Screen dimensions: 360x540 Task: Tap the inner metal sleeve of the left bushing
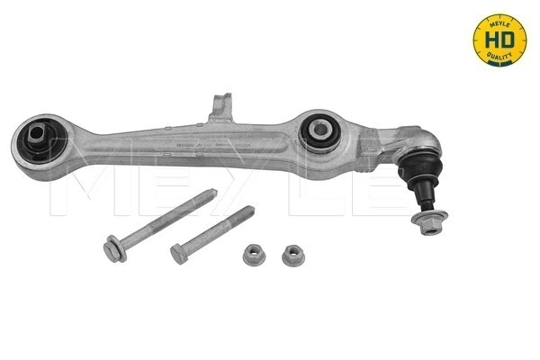point(37,140)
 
